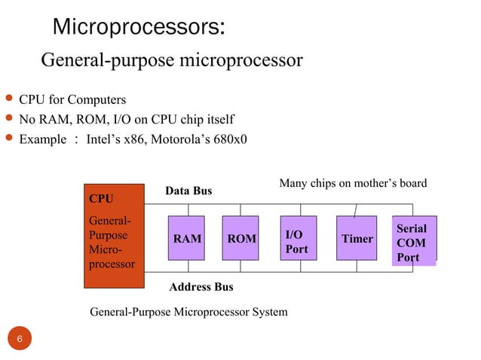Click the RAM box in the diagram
(x=187, y=239)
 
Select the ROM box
(x=242, y=239)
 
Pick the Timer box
(x=357, y=239)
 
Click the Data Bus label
(x=188, y=191)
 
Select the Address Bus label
(x=201, y=287)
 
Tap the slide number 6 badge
(x=20, y=340)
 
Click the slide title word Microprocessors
(x=138, y=28)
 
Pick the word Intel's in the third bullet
(x=108, y=139)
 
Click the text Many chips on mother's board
(x=353, y=183)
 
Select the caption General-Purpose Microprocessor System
(x=188, y=312)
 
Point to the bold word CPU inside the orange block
(x=101, y=200)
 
